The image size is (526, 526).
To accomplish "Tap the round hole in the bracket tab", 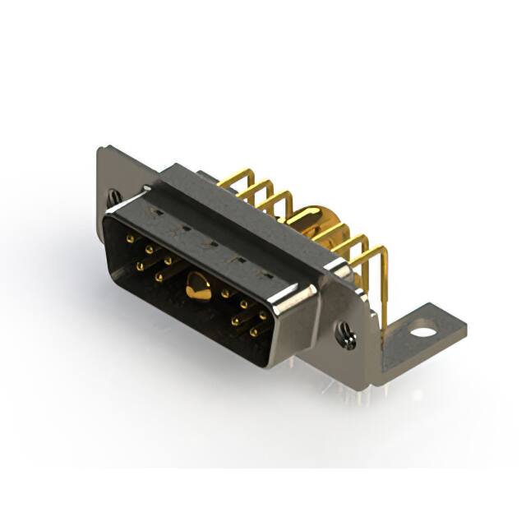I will pos(422,333).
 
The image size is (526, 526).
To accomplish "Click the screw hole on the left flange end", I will pos(114,197).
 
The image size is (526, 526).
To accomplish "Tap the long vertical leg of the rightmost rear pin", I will pos(383,288).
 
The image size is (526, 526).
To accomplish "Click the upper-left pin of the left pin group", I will pos(131,238).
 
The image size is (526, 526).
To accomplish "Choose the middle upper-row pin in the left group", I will pos(149,249).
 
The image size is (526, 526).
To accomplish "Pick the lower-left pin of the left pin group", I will pos(140,266).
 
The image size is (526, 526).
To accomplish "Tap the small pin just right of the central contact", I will pos(224,293).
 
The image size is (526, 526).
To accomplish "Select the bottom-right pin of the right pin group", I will pos(252,331).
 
